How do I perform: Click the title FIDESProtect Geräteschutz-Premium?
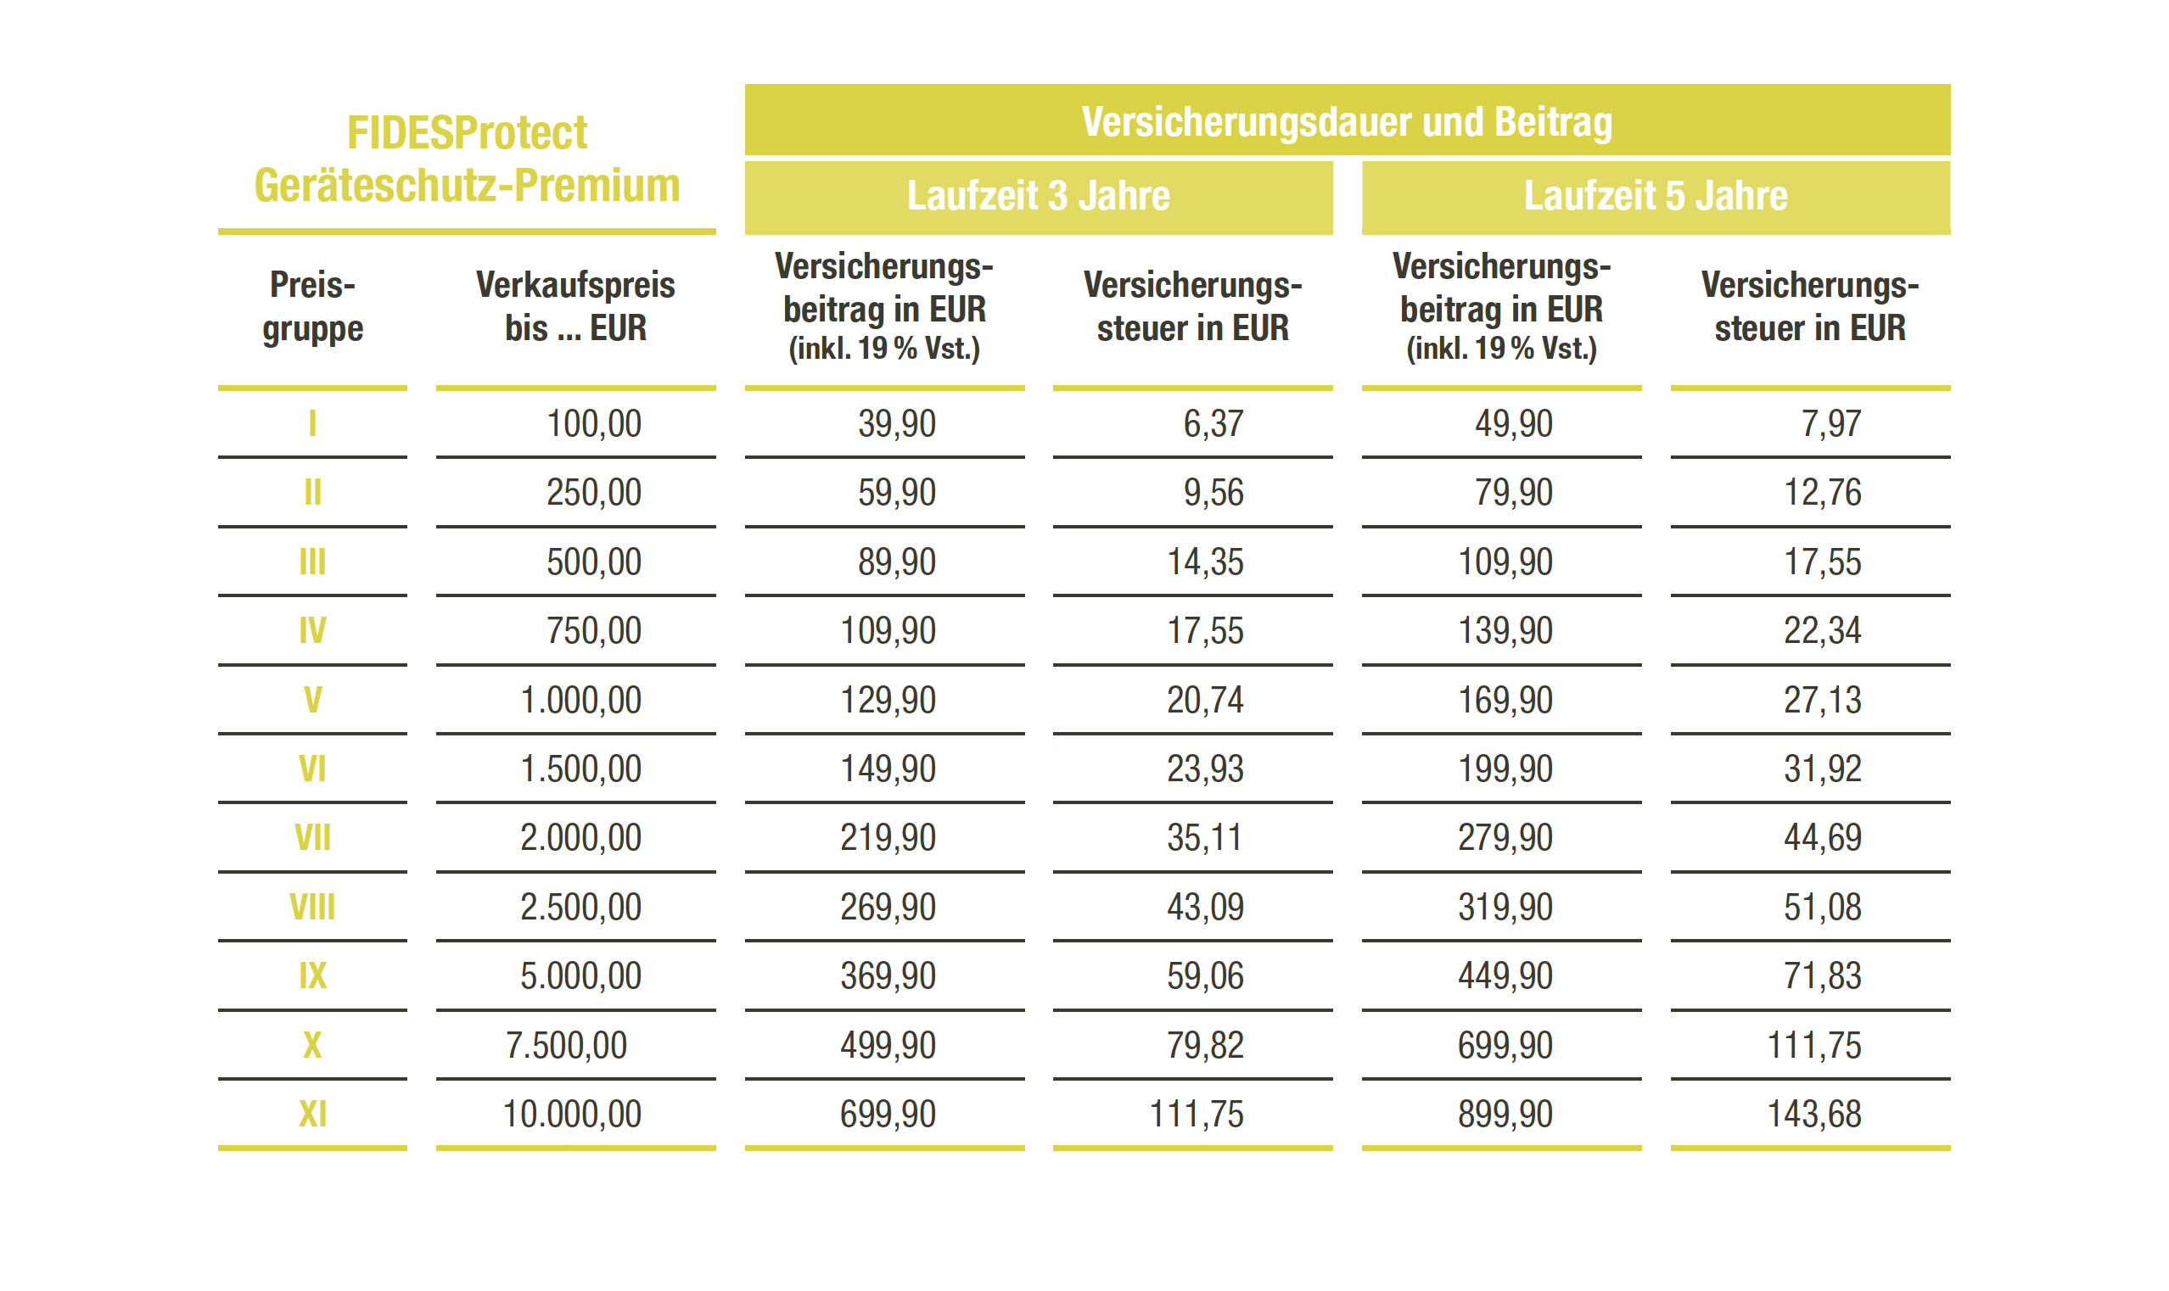coord(467,159)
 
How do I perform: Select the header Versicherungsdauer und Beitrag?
coord(1346,121)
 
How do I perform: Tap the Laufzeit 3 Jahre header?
coord(1038,196)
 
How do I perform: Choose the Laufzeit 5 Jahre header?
coord(1655,196)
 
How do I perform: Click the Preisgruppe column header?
coord(312,306)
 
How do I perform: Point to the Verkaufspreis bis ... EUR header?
coord(575,306)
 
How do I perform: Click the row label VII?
coord(312,838)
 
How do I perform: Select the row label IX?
coord(312,976)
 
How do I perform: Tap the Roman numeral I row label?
coord(312,423)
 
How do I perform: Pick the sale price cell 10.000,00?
coord(572,1115)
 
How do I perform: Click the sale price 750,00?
coord(593,631)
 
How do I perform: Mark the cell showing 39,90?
coord(896,423)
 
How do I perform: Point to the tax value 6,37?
coord(1213,423)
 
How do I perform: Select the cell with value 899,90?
coord(1505,1115)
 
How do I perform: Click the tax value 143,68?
coord(1813,1115)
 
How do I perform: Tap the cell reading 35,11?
coord(1204,838)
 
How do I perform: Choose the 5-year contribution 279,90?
coord(1505,838)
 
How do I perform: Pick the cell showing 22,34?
coord(1822,631)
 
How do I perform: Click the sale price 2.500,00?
coord(580,908)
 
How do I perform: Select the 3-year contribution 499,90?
coord(888,1046)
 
